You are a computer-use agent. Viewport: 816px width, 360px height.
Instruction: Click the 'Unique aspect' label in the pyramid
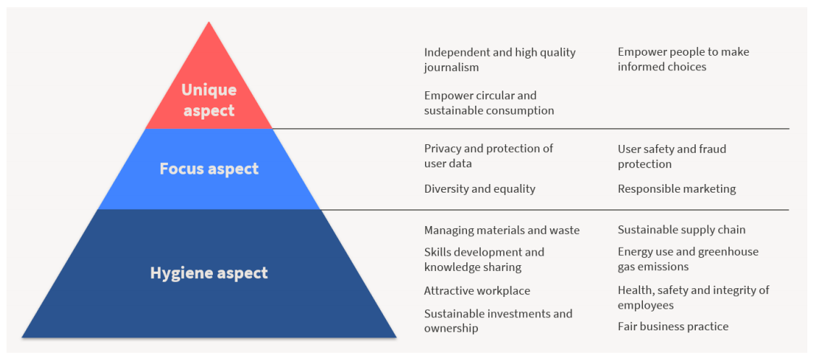(x=209, y=99)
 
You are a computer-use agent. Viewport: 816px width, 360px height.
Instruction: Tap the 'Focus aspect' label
(x=209, y=169)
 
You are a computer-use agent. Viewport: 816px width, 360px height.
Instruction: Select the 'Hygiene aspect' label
(x=209, y=273)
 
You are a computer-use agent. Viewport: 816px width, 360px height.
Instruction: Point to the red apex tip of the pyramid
(x=209, y=22)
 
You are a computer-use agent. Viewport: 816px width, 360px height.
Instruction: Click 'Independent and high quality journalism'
(x=500, y=59)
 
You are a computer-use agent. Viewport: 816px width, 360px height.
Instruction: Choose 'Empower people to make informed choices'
(x=683, y=59)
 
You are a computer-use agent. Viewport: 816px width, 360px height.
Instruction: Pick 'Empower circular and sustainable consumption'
(x=489, y=103)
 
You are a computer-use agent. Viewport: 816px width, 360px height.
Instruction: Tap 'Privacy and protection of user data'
(x=488, y=156)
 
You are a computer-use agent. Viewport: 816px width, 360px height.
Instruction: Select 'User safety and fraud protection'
(x=672, y=156)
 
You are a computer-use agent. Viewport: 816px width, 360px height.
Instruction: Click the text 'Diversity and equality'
(x=479, y=188)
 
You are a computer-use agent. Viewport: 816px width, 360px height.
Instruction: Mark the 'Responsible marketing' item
(x=676, y=188)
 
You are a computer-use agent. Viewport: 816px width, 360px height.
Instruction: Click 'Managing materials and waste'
(x=502, y=230)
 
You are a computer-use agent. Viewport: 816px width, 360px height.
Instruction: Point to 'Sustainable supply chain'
(x=681, y=230)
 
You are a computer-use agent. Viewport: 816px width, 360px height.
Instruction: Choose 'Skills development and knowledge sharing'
(x=484, y=259)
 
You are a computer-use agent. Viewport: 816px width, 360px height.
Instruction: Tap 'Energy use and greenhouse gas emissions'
(x=688, y=259)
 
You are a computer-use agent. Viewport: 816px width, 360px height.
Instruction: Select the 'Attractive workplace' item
(x=476, y=290)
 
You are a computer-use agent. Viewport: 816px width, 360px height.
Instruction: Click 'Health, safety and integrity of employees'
(x=693, y=297)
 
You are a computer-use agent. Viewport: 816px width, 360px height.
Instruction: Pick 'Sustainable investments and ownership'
(x=498, y=321)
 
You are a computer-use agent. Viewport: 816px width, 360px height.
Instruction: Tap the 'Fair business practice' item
(x=673, y=327)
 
